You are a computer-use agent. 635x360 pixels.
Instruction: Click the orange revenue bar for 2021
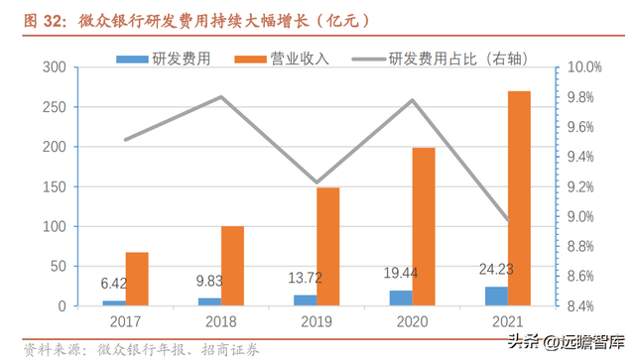click(518, 198)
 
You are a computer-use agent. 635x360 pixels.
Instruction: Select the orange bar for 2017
click(137, 279)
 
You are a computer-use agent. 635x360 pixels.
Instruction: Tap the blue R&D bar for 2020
click(400, 297)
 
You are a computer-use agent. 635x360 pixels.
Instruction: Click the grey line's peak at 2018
click(221, 97)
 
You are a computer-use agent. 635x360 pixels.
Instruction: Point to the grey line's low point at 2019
click(317, 183)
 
